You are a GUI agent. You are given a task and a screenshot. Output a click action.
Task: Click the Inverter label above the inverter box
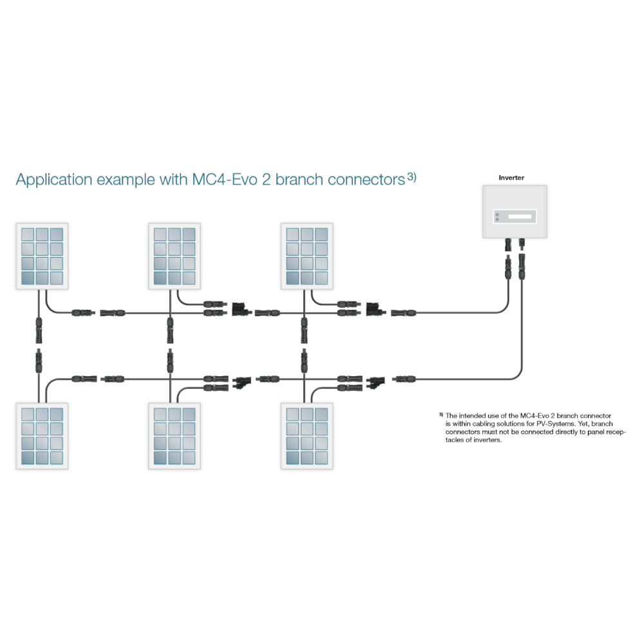[x=511, y=177]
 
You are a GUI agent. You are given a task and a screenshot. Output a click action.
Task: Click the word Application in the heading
[x=54, y=180]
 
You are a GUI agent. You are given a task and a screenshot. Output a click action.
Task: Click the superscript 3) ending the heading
[x=412, y=176]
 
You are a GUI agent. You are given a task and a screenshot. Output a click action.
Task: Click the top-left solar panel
[x=42, y=256]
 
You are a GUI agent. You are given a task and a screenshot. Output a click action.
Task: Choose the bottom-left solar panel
[x=42, y=436]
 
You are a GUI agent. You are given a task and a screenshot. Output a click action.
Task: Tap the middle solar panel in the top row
[x=175, y=256]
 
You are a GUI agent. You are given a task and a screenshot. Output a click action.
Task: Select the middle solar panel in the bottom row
[x=175, y=436]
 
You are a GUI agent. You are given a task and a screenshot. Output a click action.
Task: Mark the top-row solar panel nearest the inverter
[x=308, y=256]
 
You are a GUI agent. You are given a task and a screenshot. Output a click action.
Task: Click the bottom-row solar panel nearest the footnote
[x=308, y=436]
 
